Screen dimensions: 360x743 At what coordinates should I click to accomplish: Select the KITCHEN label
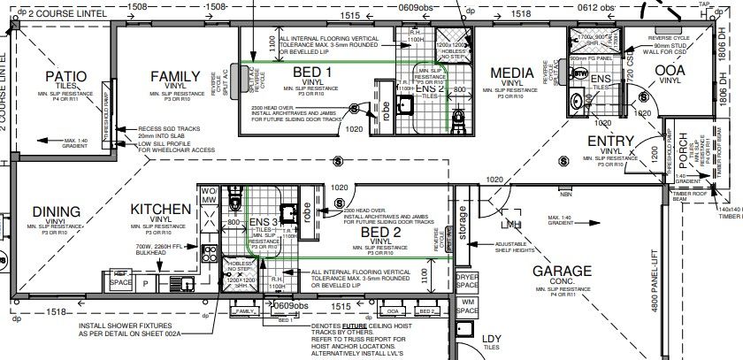[x=160, y=209]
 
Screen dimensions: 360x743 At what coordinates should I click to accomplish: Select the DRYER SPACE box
[x=467, y=280]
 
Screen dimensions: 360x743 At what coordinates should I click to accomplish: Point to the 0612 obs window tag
[x=597, y=7]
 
